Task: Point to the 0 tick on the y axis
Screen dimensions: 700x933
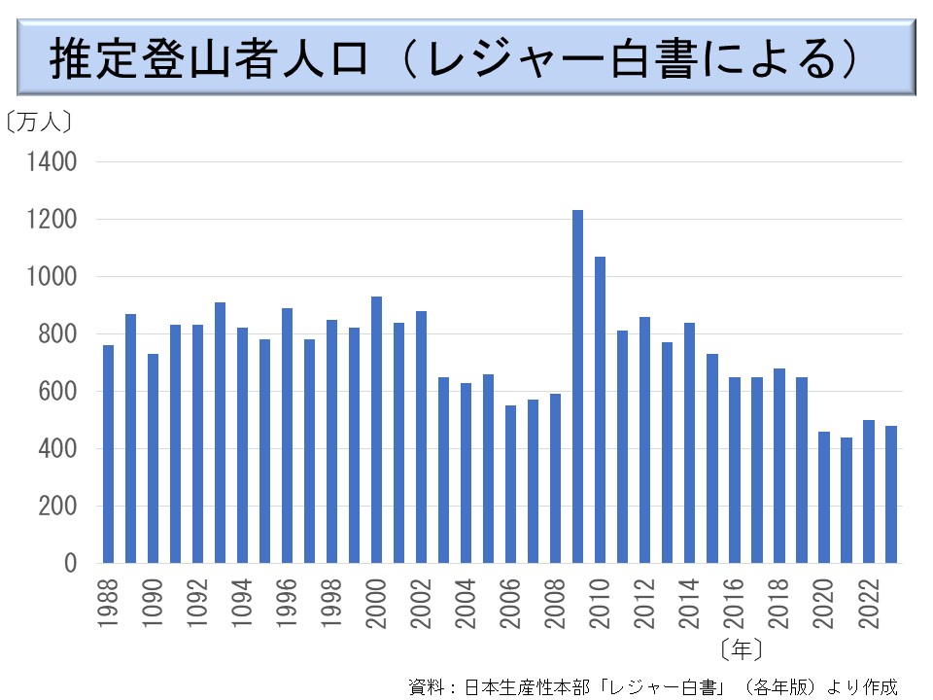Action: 70,563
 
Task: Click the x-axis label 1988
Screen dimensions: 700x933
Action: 108,602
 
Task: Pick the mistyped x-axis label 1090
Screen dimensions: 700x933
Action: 153,602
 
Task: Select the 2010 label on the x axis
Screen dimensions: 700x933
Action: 600,602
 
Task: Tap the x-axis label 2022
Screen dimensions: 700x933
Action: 868,602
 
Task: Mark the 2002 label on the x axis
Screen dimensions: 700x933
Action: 421,602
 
